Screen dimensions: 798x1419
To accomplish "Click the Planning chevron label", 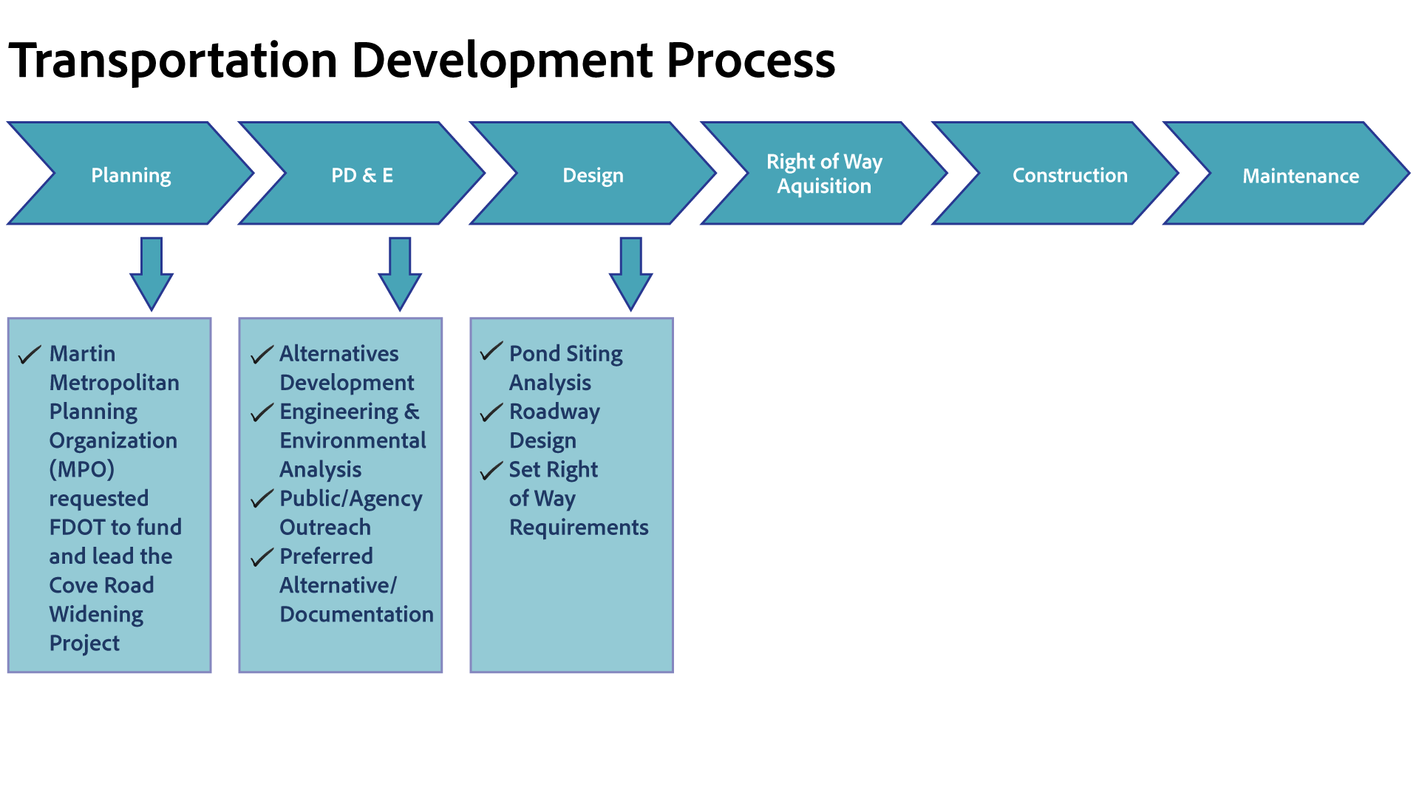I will pyautogui.click(x=131, y=176).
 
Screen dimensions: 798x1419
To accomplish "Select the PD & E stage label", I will pyautogui.click(x=362, y=176).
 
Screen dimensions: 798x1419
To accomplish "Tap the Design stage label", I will pyautogui.click(x=593, y=176).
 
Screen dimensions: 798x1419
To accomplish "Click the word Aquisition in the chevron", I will pyautogui.click(x=824, y=186).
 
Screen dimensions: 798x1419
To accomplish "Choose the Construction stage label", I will pyautogui.click(x=1069, y=176).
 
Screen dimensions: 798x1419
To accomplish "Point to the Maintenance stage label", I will pyautogui.click(x=1300, y=177).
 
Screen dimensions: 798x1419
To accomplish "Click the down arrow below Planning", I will pyautogui.click(x=152, y=273).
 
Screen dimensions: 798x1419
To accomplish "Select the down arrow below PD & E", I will pyautogui.click(x=400, y=273).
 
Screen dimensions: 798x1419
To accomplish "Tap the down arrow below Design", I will pyautogui.click(x=630, y=273).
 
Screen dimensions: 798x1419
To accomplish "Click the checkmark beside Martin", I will pyautogui.click(x=29, y=355).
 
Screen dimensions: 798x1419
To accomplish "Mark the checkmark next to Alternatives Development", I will pyautogui.click(x=262, y=355).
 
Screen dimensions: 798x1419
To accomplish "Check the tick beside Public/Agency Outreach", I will pyautogui.click(x=262, y=500).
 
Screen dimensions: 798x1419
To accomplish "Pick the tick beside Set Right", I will pyautogui.click(x=491, y=471).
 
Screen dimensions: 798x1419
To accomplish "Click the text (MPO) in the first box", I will pyautogui.click(x=81, y=470).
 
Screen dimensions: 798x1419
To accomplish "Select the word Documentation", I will pyautogui.click(x=356, y=615).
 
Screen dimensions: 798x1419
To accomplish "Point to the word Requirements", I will pyautogui.click(x=579, y=528).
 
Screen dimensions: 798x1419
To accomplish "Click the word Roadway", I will pyautogui.click(x=554, y=412).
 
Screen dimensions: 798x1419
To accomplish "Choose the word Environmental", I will pyautogui.click(x=353, y=441).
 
